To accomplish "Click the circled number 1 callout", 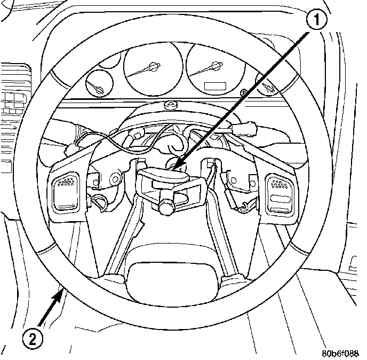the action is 317,21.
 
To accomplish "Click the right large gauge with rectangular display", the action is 213,69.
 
